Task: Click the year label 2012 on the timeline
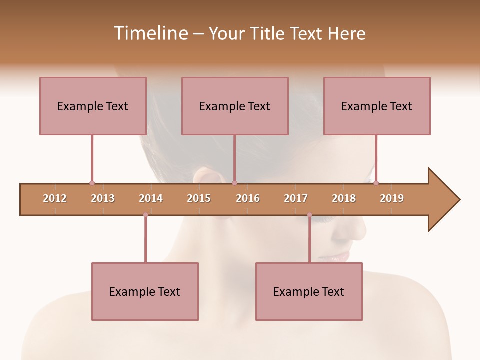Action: click(55, 198)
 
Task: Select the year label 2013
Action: click(103, 198)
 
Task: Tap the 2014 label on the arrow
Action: click(151, 198)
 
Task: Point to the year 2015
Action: click(199, 198)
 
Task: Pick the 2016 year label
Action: click(248, 198)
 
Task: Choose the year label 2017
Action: click(296, 198)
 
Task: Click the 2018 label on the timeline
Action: click(344, 198)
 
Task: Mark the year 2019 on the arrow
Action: click(392, 198)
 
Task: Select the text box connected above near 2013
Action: click(93, 106)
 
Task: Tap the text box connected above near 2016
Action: click(235, 106)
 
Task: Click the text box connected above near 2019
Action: click(377, 106)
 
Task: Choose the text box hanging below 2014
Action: click(145, 291)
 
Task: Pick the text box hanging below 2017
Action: click(309, 291)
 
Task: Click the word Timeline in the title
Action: click(150, 33)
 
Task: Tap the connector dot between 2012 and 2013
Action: click(92, 183)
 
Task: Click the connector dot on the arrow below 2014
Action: click(145, 215)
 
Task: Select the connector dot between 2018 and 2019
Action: click(376, 183)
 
